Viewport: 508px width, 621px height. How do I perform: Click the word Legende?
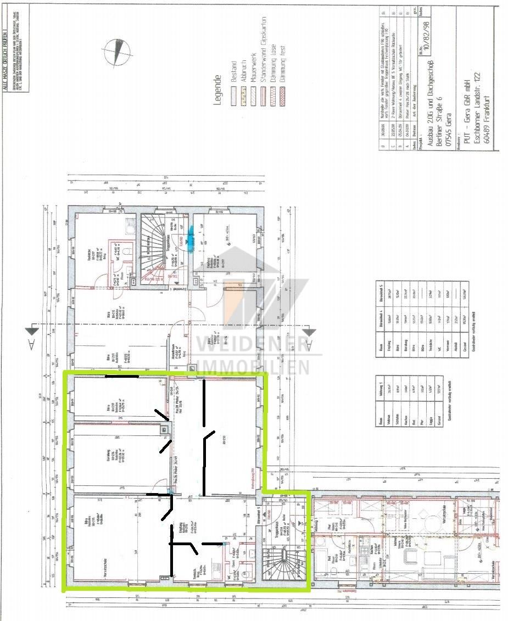[217, 91]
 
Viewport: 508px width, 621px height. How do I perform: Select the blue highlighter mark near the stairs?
[191, 239]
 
